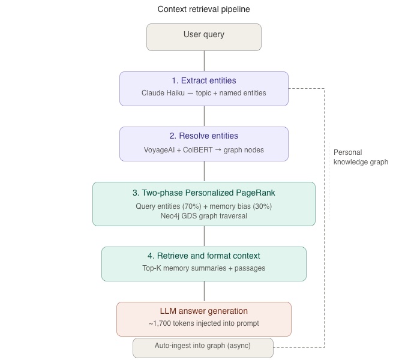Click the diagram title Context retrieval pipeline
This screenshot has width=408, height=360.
click(x=203, y=9)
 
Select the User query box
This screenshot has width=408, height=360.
click(x=204, y=37)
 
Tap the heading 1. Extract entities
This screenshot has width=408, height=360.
click(x=203, y=80)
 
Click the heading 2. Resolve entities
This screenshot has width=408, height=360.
click(x=203, y=136)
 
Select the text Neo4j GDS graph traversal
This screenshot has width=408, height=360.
click(x=203, y=215)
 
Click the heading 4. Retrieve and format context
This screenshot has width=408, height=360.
click(x=203, y=256)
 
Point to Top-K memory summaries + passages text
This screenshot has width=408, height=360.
click(x=203, y=268)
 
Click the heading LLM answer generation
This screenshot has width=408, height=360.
click(x=203, y=311)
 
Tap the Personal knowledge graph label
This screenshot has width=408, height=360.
click(x=361, y=157)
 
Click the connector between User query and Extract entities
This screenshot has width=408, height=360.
click(x=204, y=61)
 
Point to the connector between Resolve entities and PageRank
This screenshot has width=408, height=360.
click(x=204, y=172)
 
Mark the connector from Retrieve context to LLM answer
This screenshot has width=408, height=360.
click(x=204, y=291)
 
